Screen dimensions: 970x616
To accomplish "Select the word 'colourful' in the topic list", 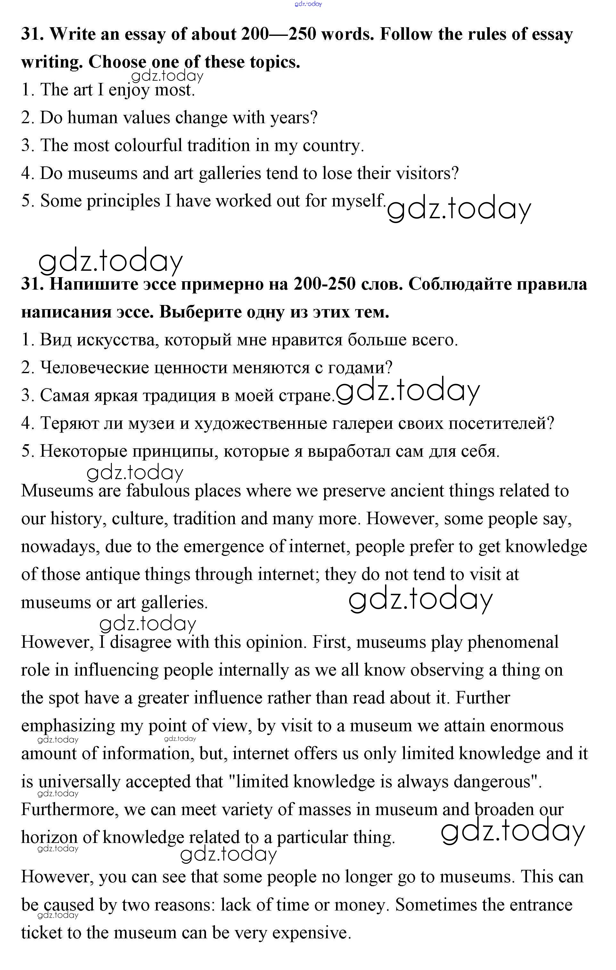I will click(148, 145).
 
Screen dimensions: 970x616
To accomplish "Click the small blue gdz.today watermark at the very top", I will click(308, 4).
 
